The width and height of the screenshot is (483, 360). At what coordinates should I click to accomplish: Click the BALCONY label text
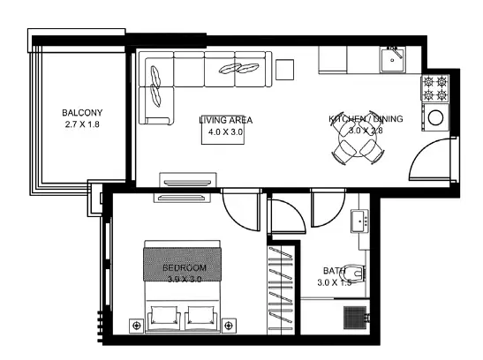click(82, 113)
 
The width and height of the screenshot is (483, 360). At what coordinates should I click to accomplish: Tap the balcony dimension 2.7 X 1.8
click(82, 124)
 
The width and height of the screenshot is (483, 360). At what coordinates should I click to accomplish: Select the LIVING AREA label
click(226, 120)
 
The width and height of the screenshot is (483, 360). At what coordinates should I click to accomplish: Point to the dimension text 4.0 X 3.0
click(225, 132)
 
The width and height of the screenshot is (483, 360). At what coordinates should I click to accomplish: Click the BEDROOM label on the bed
click(185, 267)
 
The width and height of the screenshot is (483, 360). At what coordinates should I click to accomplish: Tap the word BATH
click(334, 271)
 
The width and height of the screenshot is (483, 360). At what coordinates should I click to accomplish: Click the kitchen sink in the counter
click(392, 60)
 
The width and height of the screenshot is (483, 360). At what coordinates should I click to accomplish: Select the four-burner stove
click(435, 88)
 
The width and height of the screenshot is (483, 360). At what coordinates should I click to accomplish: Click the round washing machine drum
click(436, 117)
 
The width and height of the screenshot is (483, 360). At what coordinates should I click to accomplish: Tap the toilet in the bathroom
click(354, 273)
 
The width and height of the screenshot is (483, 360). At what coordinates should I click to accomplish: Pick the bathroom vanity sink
click(359, 221)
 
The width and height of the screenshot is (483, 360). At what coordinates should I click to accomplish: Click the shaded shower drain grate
click(355, 318)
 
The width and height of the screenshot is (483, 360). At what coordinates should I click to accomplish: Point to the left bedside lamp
click(137, 326)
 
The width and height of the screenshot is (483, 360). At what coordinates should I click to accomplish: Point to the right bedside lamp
click(229, 326)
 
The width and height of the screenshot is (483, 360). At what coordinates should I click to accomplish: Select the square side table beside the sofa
click(284, 70)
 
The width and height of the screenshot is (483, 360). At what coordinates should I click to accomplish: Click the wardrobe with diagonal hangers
click(280, 290)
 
